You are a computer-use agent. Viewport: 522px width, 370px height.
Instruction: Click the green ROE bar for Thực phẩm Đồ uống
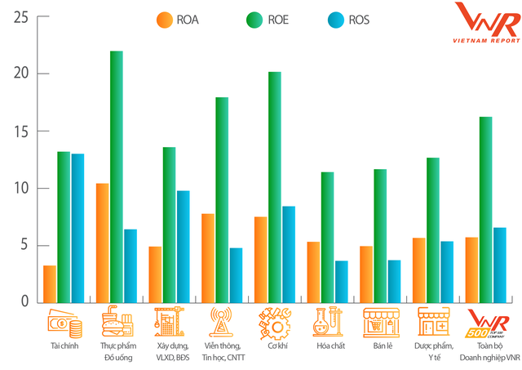[116, 176]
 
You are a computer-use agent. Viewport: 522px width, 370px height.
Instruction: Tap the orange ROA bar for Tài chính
[50, 283]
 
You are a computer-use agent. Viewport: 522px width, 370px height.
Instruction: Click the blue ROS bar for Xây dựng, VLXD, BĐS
[183, 246]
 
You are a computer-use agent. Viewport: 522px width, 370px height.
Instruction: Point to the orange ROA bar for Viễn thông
[208, 257]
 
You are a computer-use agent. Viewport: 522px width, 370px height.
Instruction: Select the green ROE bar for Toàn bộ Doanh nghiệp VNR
[485, 209]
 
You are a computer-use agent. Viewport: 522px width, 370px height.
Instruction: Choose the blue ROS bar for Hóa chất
[341, 281]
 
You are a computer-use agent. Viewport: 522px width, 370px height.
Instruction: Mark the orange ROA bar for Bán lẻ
[366, 274]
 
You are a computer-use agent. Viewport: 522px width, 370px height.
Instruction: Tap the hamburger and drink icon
[116, 323]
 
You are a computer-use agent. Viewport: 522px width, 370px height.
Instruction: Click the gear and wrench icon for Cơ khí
[275, 323]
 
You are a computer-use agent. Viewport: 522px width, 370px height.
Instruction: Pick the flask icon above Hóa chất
[327, 323]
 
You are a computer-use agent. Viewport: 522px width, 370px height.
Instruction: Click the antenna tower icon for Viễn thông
[221, 323]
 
